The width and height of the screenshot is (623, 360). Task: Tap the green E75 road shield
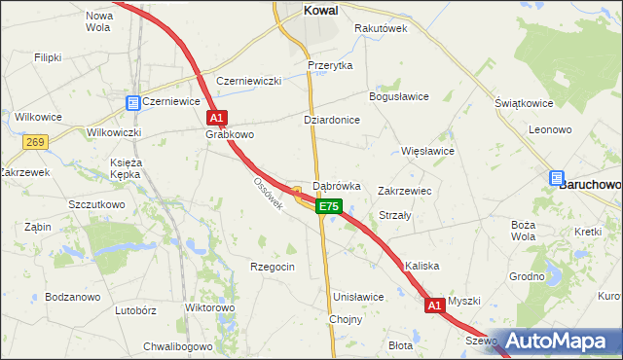click(x=329, y=206)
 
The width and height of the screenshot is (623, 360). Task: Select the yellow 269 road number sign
click(x=36, y=142)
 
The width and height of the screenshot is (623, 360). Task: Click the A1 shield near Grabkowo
click(x=217, y=118)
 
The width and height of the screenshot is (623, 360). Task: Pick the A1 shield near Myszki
click(x=435, y=306)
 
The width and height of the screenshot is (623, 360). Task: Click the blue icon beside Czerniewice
click(x=132, y=101)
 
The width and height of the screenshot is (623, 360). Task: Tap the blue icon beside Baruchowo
click(x=556, y=179)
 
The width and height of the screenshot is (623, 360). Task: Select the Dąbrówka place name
click(x=337, y=185)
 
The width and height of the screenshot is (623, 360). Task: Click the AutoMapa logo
click(x=564, y=342)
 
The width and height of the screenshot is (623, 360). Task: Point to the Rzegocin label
click(x=272, y=266)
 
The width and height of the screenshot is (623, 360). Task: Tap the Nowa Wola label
click(x=99, y=21)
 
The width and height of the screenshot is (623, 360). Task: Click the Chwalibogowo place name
click(x=178, y=345)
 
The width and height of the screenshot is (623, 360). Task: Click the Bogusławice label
click(x=398, y=96)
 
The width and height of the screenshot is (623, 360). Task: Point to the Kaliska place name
click(x=423, y=266)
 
